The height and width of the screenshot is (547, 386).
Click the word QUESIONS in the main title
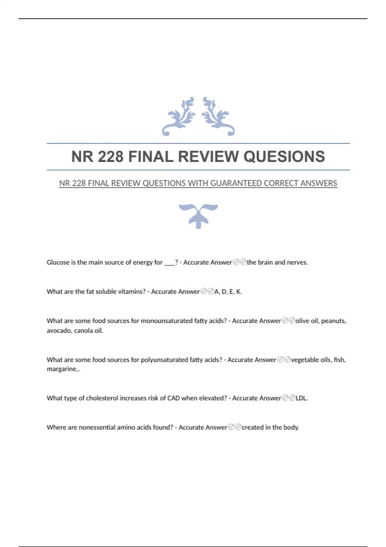point(284,157)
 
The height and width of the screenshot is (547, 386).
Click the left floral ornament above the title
point(179,116)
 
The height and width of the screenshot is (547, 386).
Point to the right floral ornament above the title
point(218,116)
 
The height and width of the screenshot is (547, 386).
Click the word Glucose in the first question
point(58,262)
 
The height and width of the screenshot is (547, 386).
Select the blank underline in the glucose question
point(169,263)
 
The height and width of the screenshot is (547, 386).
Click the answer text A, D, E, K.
point(228,292)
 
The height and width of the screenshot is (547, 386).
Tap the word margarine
point(62,369)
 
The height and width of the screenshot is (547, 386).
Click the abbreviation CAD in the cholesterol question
point(173,398)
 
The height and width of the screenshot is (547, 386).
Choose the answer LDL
point(301,398)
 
